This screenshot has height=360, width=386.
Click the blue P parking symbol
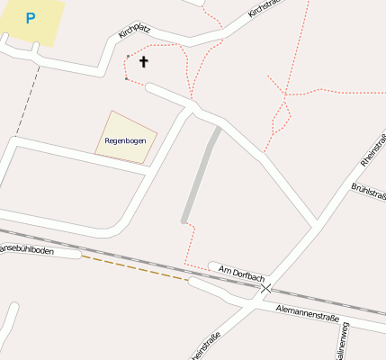click(x=31, y=18)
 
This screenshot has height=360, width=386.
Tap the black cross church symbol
click(x=143, y=62)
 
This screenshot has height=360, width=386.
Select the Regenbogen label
click(x=125, y=140)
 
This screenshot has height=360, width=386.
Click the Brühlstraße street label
click(x=369, y=191)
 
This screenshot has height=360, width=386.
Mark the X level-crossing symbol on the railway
click(x=266, y=289)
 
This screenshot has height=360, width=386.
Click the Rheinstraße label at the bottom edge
click(x=206, y=347)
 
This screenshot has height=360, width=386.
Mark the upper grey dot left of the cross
click(x=129, y=57)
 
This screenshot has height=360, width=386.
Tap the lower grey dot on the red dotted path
click(x=126, y=79)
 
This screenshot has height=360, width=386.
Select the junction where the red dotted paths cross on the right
click(x=286, y=94)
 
